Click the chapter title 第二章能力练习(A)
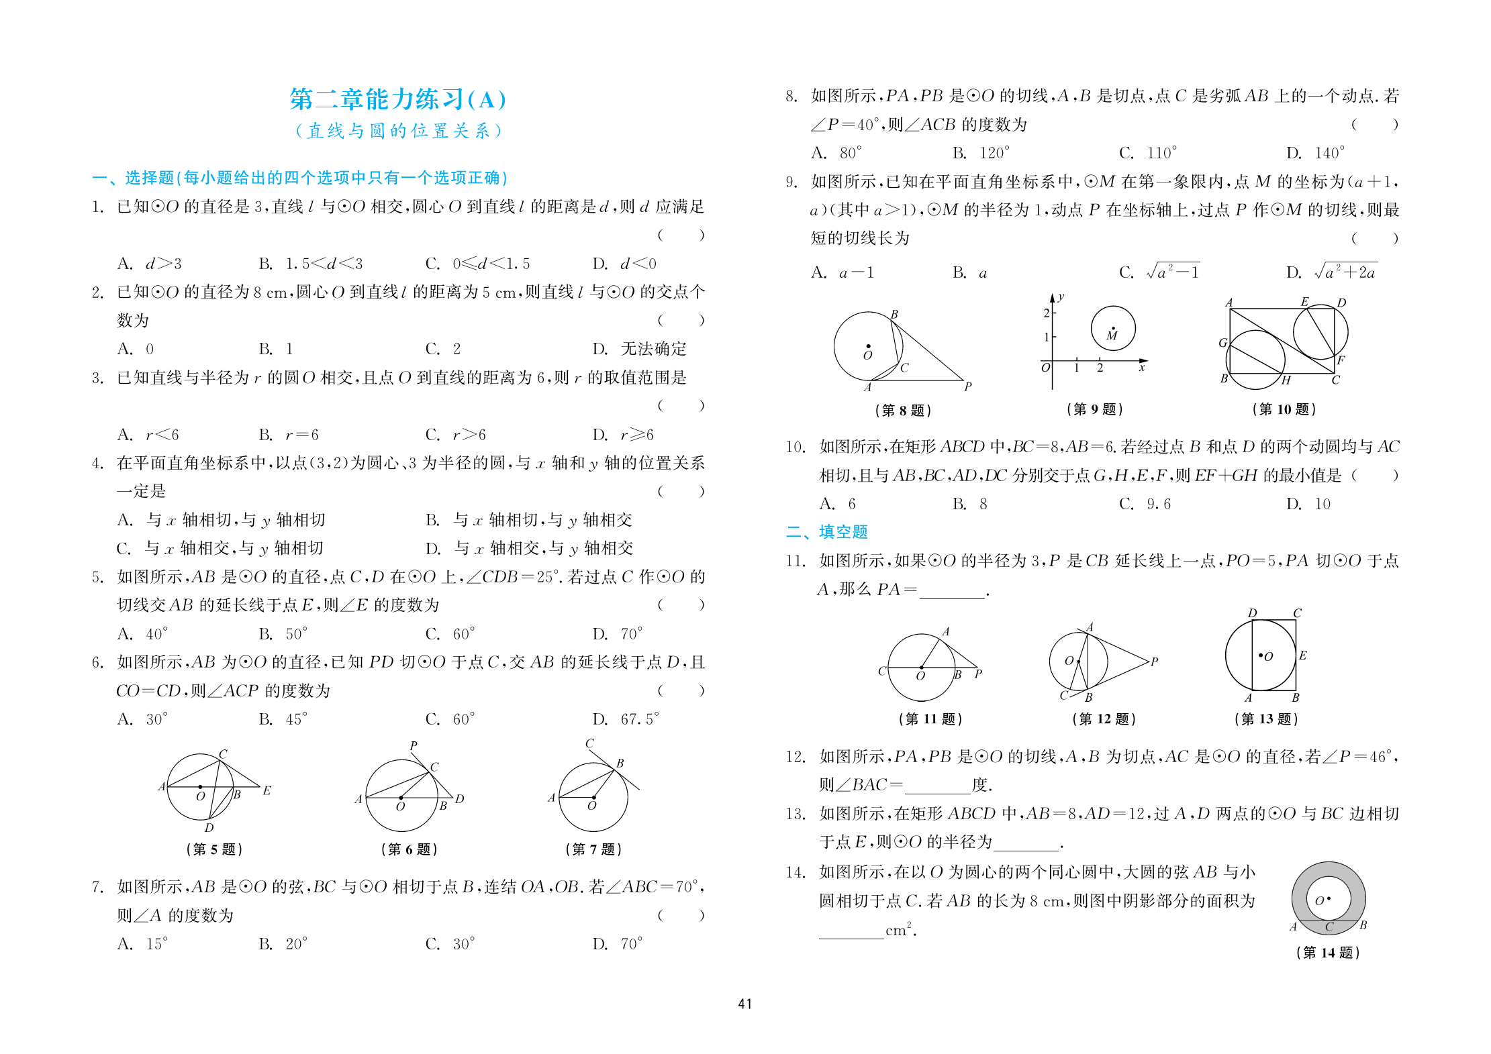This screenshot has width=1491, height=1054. pyautogui.click(x=397, y=99)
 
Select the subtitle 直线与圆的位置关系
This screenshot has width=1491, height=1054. pyautogui.click(x=397, y=131)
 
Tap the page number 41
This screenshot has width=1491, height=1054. pyautogui.click(x=744, y=1004)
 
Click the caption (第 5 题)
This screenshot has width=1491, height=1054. pyautogui.click(x=214, y=849)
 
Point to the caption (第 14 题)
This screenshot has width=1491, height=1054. pyautogui.click(x=1327, y=953)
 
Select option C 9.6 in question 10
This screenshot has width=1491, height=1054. pyautogui.click(x=1145, y=504)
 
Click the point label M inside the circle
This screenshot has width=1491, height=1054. pyautogui.click(x=1112, y=335)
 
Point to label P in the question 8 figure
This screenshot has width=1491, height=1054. pyautogui.click(x=968, y=386)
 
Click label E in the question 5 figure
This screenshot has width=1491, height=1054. pyautogui.click(x=267, y=791)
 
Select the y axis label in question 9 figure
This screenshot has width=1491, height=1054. pyautogui.click(x=1061, y=297)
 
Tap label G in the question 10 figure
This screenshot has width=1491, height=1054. pyautogui.click(x=1222, y=343)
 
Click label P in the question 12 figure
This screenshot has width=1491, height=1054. pyautogui.click(x=1154, y=662)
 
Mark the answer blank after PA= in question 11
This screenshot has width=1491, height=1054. pyautogui.click(x=951, y=590)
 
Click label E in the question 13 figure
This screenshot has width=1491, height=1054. pyautogui.click(x=1302, y=655)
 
